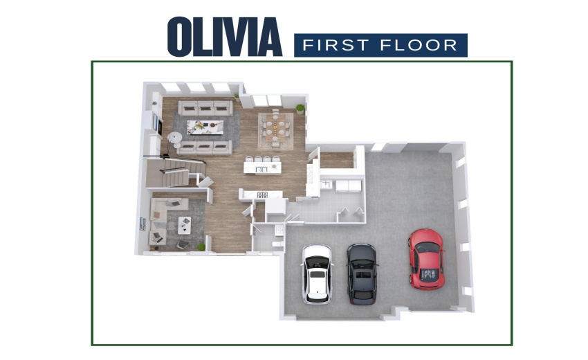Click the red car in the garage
425,259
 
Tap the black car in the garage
362,273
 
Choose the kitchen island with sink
263,167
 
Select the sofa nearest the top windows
204,108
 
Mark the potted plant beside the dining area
300,109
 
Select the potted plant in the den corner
201,246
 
